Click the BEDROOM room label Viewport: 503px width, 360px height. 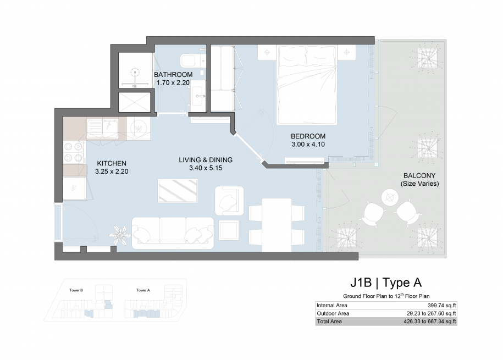(308, 136)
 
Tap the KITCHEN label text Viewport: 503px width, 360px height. (112, 163)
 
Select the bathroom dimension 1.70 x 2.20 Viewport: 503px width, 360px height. (173, 82)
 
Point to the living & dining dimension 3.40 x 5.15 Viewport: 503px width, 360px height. (206, 168)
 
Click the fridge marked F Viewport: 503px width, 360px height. (74, 189)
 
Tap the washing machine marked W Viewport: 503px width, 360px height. (139, 129)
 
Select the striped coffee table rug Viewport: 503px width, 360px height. (178, 191)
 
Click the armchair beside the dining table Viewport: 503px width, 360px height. (229, 201)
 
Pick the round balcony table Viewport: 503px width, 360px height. (390, 197)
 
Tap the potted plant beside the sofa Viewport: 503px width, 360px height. (120, 235)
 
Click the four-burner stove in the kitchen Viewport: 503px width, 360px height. (74, 152)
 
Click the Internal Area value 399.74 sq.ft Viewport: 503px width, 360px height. (442, 306)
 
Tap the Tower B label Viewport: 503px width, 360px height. (76, 290)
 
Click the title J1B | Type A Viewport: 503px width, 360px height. (386, 283)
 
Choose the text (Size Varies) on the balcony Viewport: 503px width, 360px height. (419, 184)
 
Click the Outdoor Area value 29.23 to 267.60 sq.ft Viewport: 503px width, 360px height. (432, 313)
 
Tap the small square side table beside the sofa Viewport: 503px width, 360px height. (229, 230)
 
